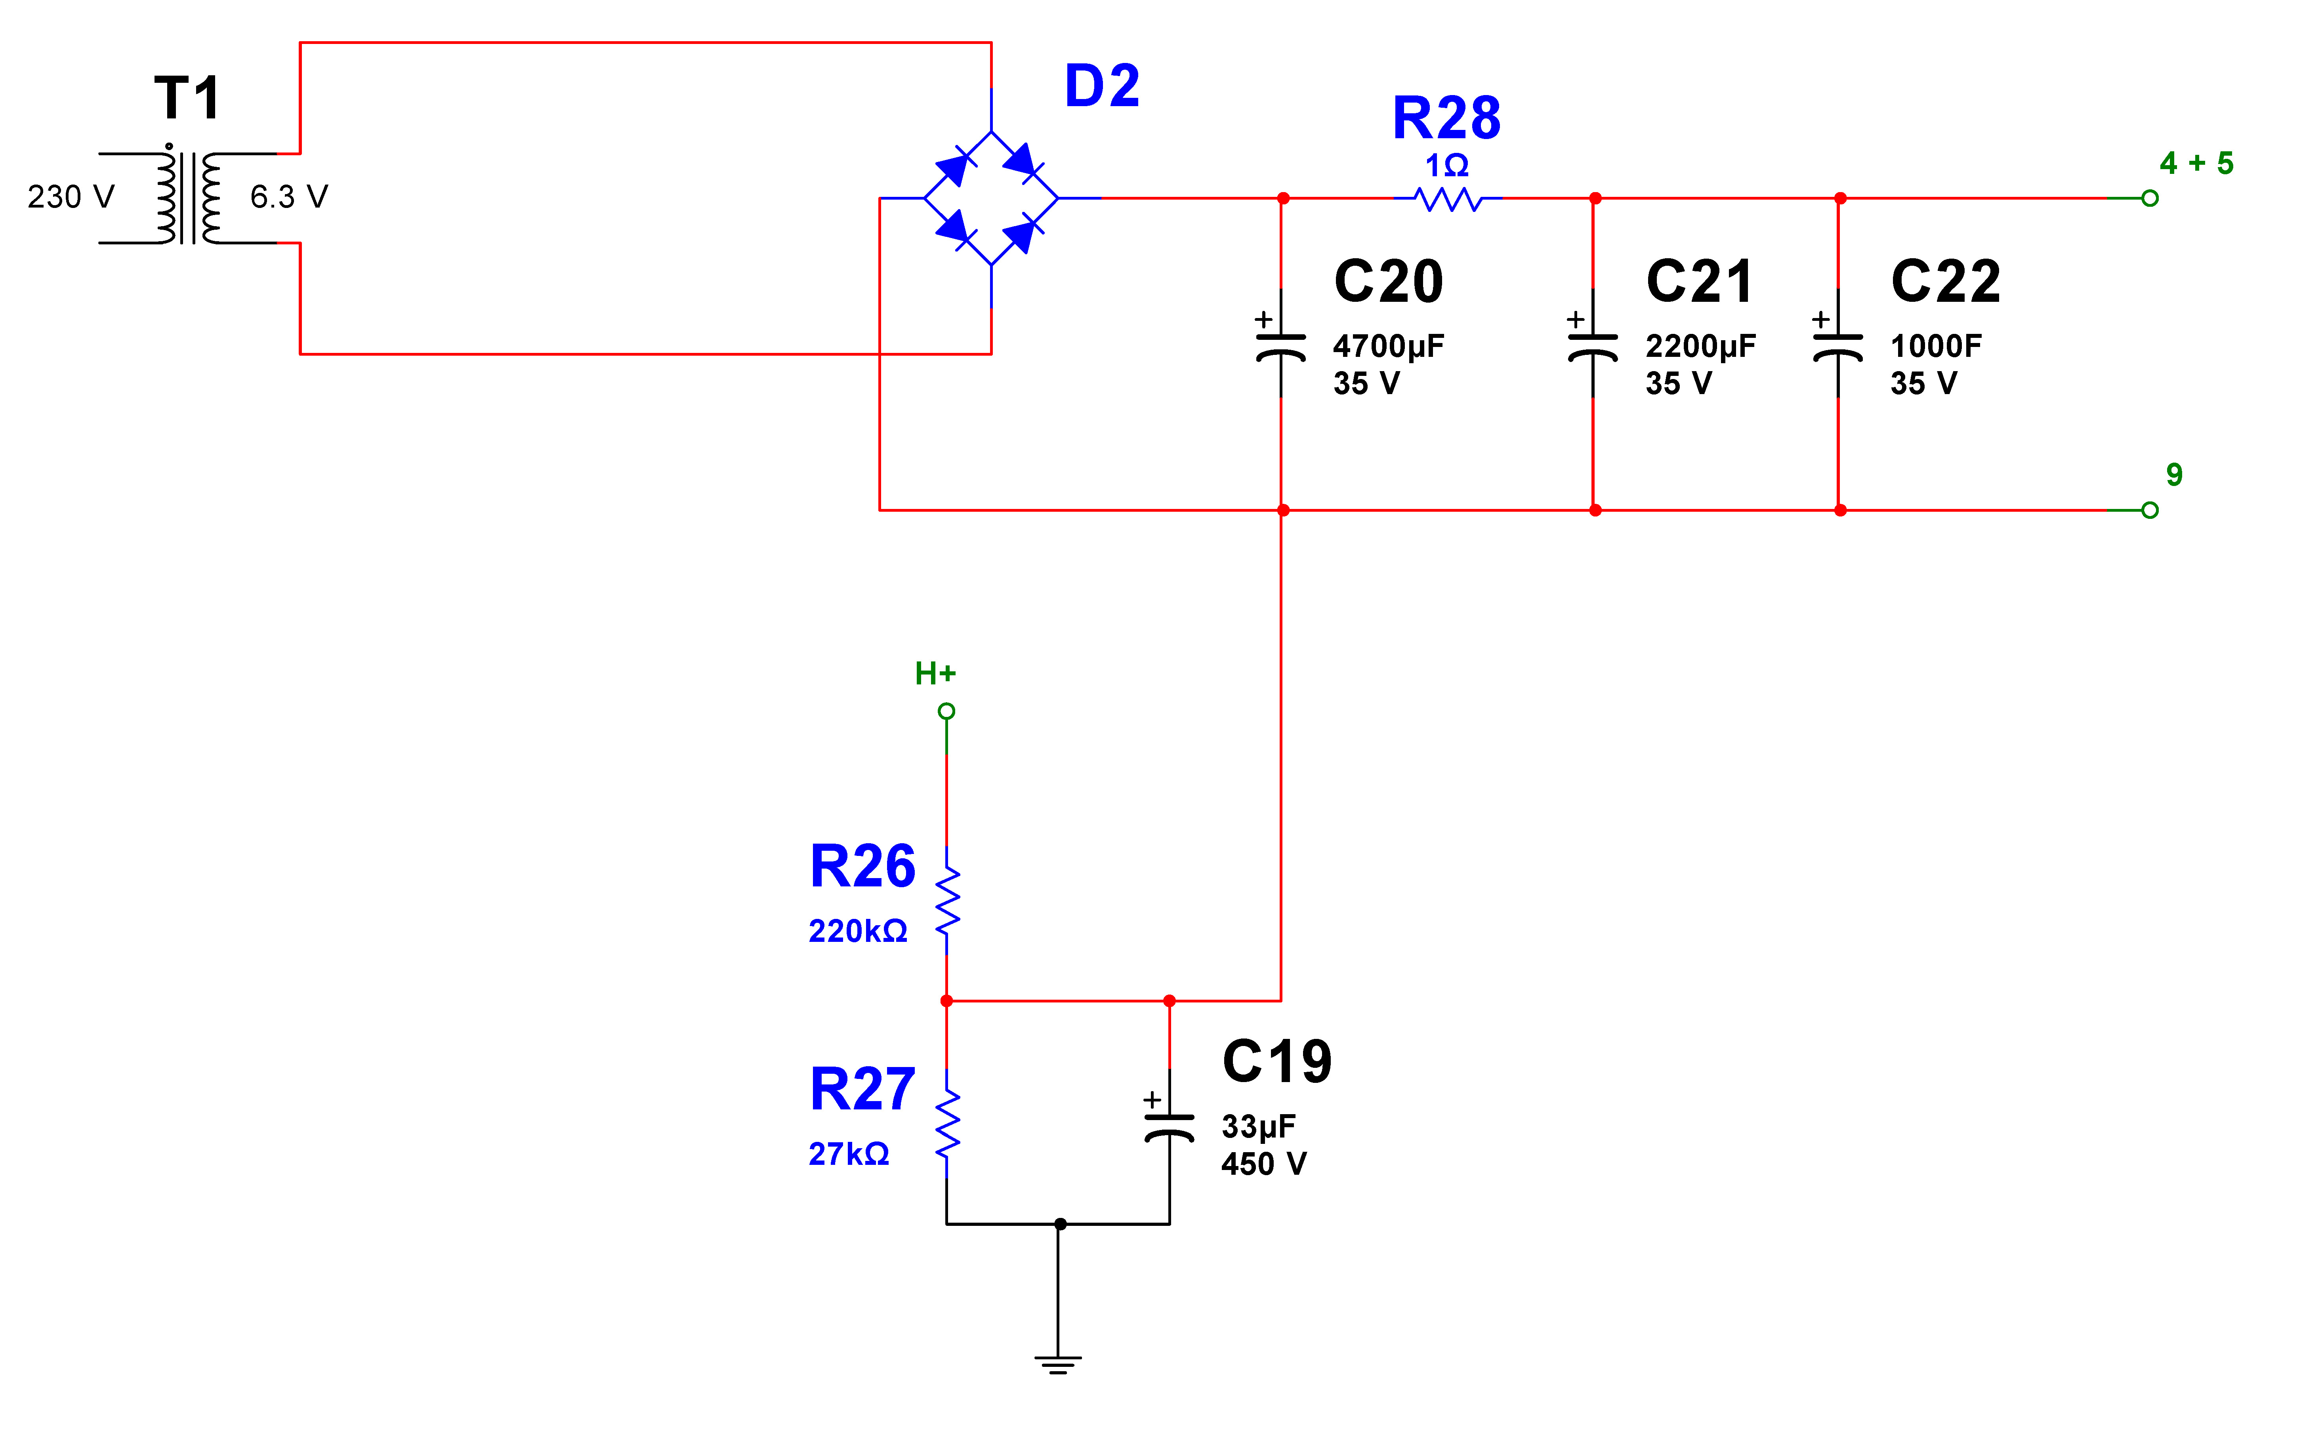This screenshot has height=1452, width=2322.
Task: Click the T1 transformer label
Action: [187, 98]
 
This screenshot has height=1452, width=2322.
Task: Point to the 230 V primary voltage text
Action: [71, 197]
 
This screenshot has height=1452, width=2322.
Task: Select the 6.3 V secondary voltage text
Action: [289, 197]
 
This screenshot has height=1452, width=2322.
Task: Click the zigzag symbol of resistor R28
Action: [1447, 199]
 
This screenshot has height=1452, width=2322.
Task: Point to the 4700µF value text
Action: [1389, 346]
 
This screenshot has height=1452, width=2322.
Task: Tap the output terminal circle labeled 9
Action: [2150, 510]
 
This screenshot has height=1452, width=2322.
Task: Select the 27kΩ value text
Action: [849, 1153]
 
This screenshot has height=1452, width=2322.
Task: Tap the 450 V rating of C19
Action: [1264, 1164]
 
